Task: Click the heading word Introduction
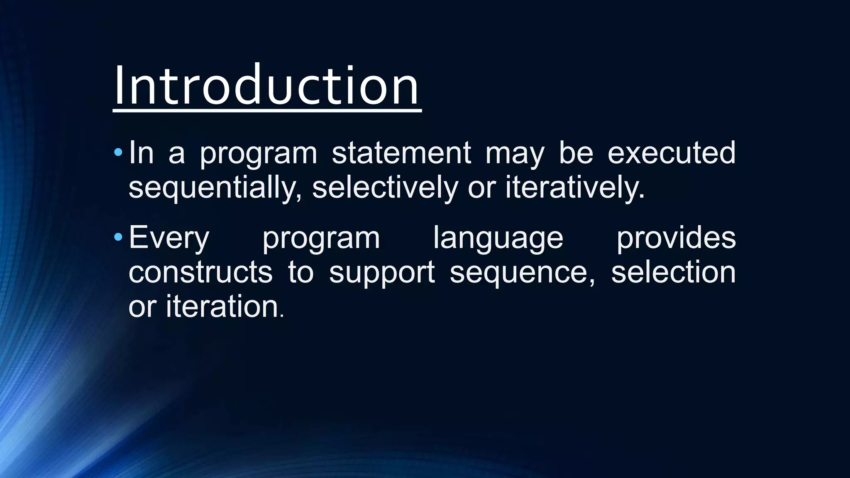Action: (x=266, y=86)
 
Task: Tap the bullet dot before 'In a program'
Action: (x=118, y=153)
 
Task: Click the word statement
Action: (x=401, y=153)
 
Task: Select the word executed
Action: (x=671, y=153)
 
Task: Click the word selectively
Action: (x=384, y=188)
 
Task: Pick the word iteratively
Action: (x=575, y=188)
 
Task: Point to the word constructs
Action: (x=200, y=272)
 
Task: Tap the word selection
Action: (x=673, y=272)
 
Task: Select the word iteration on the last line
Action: (x=222, y=307)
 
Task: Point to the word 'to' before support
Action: (x=300, y=273)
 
